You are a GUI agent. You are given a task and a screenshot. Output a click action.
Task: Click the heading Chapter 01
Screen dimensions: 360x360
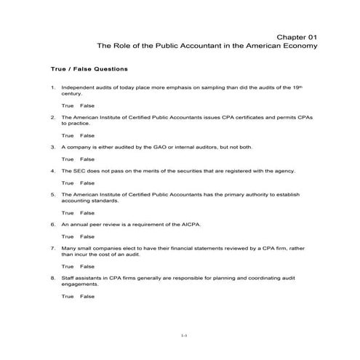pyautogui.click(x=297, y=36)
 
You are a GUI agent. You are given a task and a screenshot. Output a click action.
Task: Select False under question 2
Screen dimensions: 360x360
pyautogui.click(x=87, y=135)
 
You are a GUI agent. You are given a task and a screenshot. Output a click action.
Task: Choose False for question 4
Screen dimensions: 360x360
pyautogui.click(x=87, y=183)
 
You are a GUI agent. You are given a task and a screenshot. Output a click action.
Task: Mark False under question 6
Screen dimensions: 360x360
pyautogui.click(x=87, y=236)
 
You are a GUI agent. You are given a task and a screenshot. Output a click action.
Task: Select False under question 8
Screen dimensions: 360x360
pyautogui.click(x=87, y=296)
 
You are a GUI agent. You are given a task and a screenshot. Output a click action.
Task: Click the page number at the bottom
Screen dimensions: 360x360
pyautogui.click(x=184, y=335)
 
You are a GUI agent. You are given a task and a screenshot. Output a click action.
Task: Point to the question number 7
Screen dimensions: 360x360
pyautogui.click(x=53, y=248)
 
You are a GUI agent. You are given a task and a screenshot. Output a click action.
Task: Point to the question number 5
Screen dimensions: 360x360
pyautogui.click(x=53, y=195)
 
